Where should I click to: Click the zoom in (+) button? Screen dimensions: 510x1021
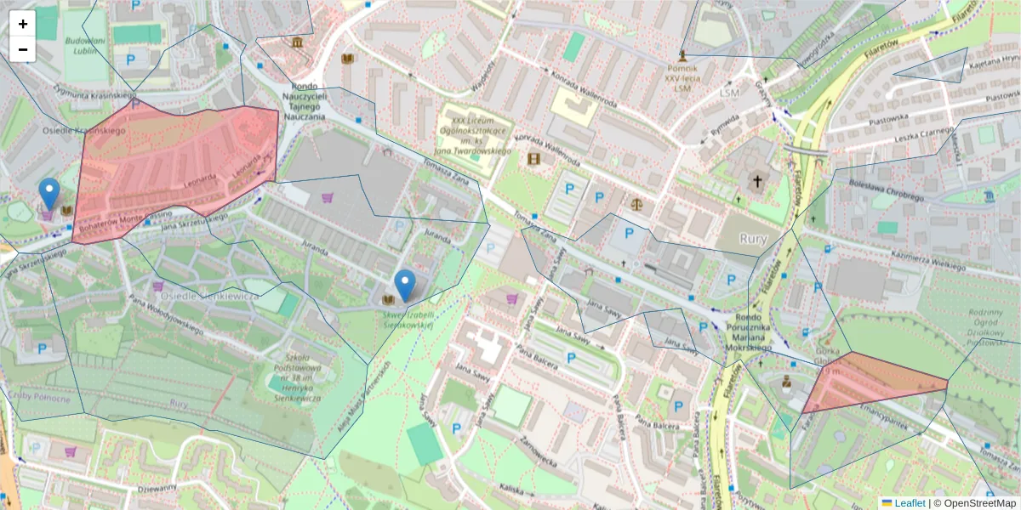pyautogui.click(x=23, y=24)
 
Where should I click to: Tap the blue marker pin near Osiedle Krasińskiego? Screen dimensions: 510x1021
pyautogui.click(x=50, y=193)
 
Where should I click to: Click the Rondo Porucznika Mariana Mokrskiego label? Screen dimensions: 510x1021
pyautogui.click(x=738, y=333)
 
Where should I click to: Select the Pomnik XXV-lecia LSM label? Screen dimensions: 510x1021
pyautogui.click(x=682, y=77)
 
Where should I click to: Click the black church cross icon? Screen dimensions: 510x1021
pyautogui.click(x=756, y=180)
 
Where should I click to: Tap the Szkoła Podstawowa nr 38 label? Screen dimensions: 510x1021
pyautogui.click(x=292, y=377)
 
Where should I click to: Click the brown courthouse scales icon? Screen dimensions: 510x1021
pyautogui.click(x=636, y=204)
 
